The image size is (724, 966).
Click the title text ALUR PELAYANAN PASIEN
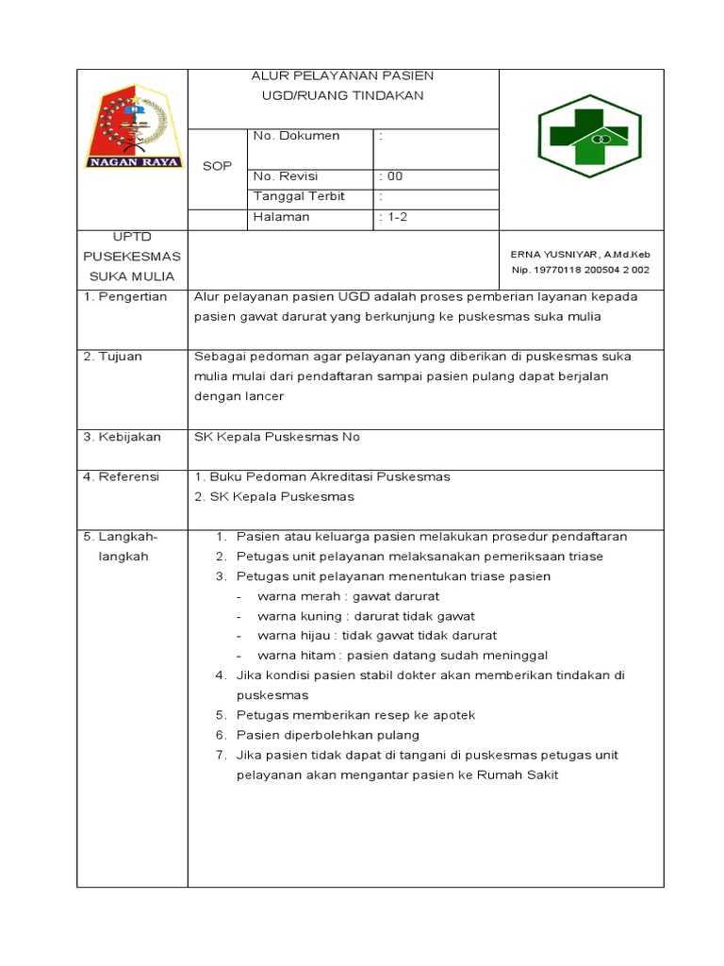click(343, 75)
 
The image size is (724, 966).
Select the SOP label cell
click(217, 166)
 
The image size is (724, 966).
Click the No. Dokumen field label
click(297, 136)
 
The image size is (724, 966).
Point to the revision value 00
click(391, 176)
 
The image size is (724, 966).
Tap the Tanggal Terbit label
click(300, 196)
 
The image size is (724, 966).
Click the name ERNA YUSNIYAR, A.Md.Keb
click(580, 255)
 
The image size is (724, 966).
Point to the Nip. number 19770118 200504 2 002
click(580, 270)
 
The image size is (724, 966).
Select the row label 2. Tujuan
click(114, 357)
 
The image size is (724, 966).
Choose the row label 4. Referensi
click(122, 476)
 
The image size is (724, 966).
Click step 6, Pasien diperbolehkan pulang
click(328, 735)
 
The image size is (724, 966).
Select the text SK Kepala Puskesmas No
click(277, 437)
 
